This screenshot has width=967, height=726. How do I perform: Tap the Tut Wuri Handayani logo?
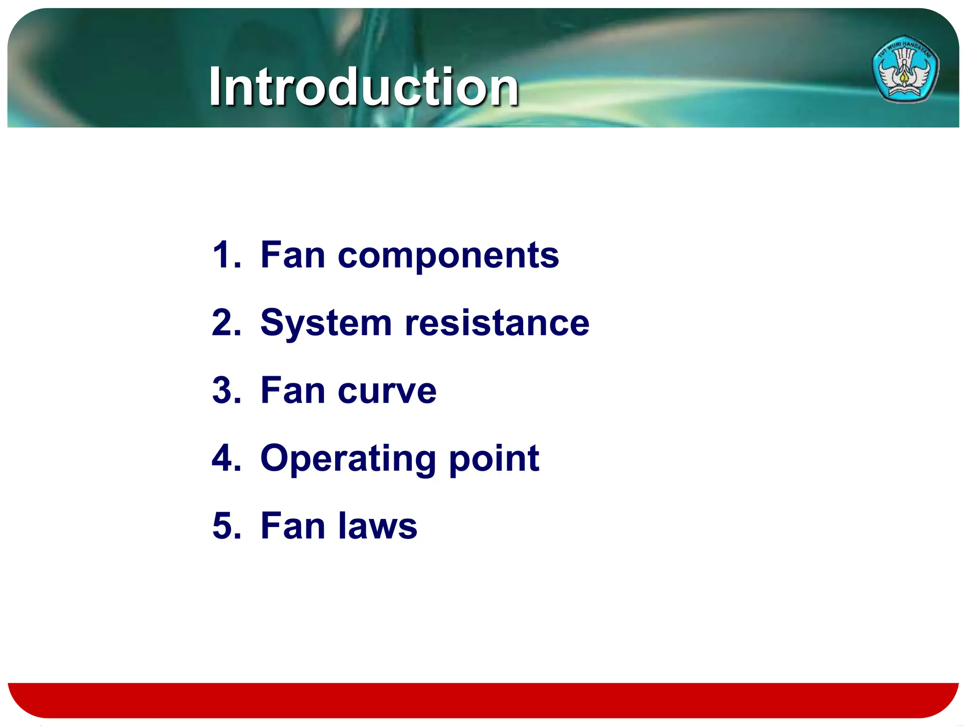[x=905, y=69]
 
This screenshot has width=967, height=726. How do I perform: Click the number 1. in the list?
[x=226, y=255]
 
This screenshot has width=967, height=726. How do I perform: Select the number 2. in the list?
[x=226, y=323]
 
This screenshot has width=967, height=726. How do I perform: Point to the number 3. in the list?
[x=226, y=391]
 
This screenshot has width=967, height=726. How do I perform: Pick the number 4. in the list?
[x=226, y=458]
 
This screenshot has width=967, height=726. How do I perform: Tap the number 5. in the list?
[x=226, y=526]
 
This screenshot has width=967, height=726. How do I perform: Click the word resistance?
[x=497, y=323]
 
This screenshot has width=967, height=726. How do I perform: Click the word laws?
[x=378, y=526]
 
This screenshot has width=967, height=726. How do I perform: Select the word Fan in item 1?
[x=293, y=255]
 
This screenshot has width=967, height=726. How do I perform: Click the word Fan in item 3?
[x=293, y=391]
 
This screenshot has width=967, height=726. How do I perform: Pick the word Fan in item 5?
[x=293, y=526]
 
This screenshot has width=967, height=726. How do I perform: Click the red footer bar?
[x=483, y=700]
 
